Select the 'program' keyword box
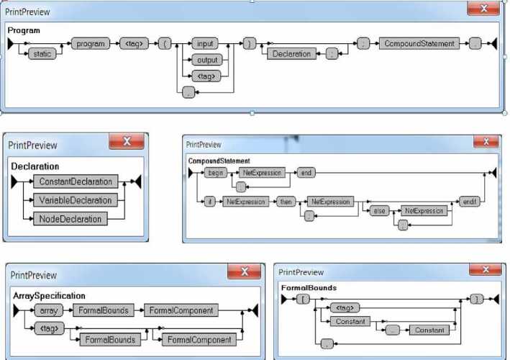coord(91,44)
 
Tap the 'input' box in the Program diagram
coord(206,44)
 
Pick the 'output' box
coord(206,60)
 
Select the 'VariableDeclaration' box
coord(76,200)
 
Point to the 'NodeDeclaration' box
coord(70,218)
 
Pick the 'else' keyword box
coord(379,211)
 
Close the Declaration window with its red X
coord(127,142)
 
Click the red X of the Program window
coord(483,9)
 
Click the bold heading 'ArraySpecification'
coord(49,296)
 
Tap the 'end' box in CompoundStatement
coord(306,173)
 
